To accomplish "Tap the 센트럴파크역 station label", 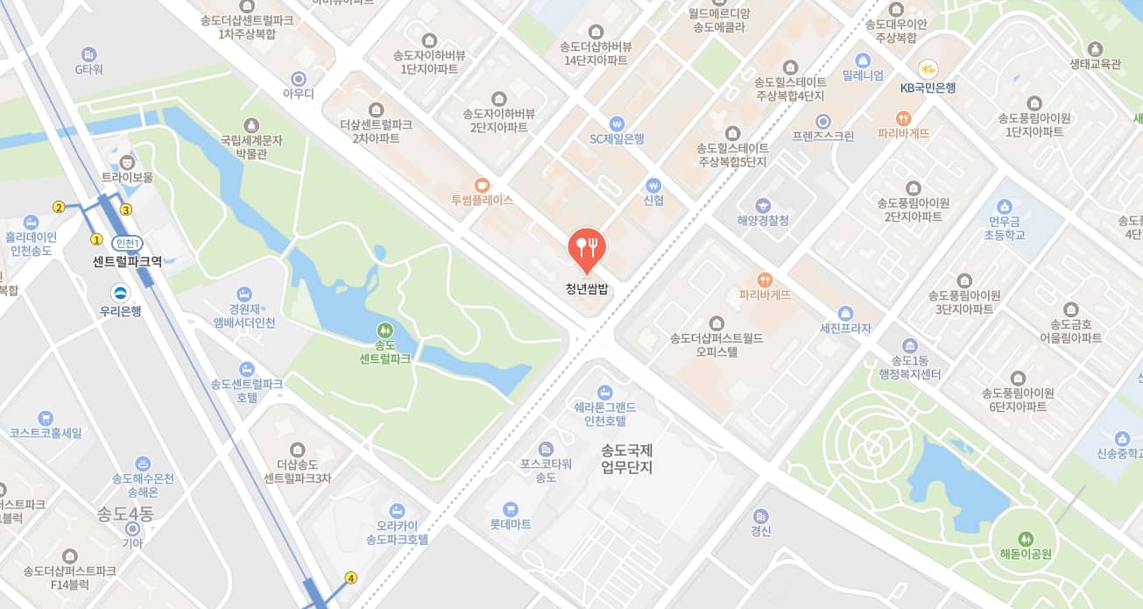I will [x=127, y=261].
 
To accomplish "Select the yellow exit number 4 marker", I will [x=351, y=577].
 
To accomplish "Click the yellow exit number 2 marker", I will [x=59, y=208].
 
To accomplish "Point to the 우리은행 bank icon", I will [x=121, y=294].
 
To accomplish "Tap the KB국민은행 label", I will [x=928, y=88].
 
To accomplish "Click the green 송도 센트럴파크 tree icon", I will [x=385, y=330].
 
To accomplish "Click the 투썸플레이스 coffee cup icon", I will [x=482, y=185].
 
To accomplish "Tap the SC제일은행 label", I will [x=617, y=138].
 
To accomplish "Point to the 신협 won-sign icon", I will [x=652, y=186].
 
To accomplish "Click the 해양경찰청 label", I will [x=763, y=221].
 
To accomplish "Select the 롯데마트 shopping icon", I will [x=511, y=509].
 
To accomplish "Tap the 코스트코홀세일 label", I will [x=46, y=433].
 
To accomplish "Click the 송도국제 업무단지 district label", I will [x=627, y=458].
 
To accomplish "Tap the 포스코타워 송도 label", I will [x=546, y=471].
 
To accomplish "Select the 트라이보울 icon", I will [x=128, y=161].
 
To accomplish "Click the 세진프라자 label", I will [x=845, y=329].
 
